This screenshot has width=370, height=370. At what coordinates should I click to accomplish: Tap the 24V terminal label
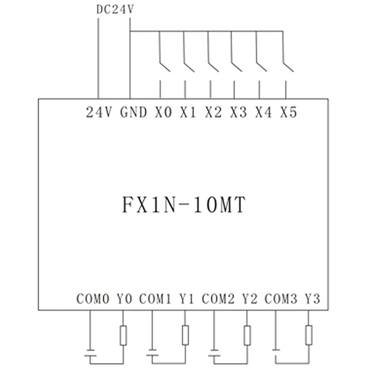(99, 112)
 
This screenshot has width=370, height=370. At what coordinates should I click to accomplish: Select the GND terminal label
(134, 112)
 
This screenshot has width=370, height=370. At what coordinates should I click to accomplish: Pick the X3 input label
(238, 112)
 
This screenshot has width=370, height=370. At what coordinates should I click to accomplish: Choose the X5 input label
(288, 112)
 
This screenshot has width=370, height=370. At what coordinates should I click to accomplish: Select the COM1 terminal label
(155, 299)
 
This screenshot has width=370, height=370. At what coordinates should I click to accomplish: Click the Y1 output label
(186, 299)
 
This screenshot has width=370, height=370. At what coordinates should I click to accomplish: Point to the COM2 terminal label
(218, 299)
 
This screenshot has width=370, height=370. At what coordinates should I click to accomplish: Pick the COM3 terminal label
(281, 299)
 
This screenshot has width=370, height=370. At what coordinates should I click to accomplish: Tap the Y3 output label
(313, 299)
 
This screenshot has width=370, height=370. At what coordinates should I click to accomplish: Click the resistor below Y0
(123, 335)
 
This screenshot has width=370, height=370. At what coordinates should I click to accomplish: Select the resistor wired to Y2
(247, 335)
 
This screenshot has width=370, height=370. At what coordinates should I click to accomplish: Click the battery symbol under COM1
(152, 356)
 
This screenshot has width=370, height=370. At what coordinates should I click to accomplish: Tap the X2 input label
(213, 112)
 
